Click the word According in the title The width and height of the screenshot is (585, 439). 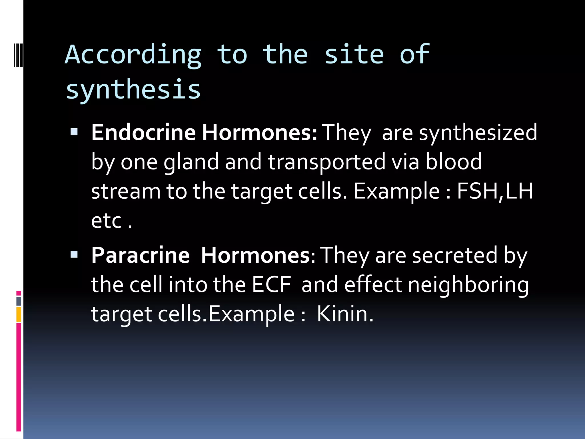(x=133, y=55)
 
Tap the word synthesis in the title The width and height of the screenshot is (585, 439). (x=133, y=89)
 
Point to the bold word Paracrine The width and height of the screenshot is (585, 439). (x=140, y=255)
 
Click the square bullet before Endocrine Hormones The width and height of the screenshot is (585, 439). (x=74, y=131)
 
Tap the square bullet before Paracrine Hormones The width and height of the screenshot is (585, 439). (x=74, y=254)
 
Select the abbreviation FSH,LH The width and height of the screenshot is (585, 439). (x=495, y=191)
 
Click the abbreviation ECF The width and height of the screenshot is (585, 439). (x=271, y=285)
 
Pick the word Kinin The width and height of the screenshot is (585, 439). (x=345, y=314)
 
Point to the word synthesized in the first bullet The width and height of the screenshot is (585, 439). (x=478, y=133)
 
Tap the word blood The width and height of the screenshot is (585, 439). (x=454, y=162)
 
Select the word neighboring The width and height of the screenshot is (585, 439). (x=468, y=285)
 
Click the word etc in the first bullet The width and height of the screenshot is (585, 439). (x=107, y=221)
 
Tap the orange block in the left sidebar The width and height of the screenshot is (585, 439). (x=19, y=314)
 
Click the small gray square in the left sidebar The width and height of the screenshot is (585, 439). (x=19, y=301)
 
